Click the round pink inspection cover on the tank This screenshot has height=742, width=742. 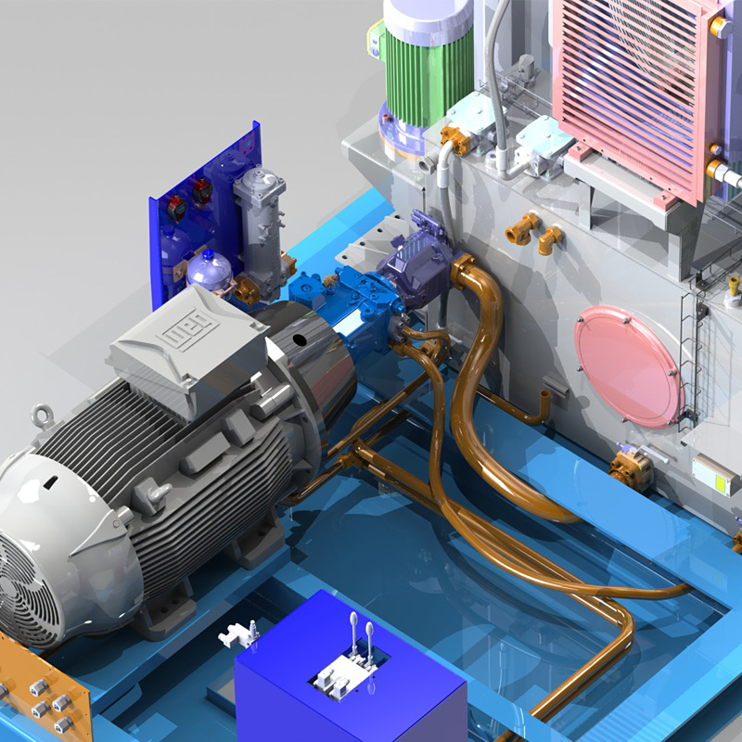pyautogui.click(x=628, y=365)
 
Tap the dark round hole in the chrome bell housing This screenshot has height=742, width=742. pyautogui.click(x=300, y=340)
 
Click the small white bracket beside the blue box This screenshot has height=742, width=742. pyautogui.click(x=238, y=633)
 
